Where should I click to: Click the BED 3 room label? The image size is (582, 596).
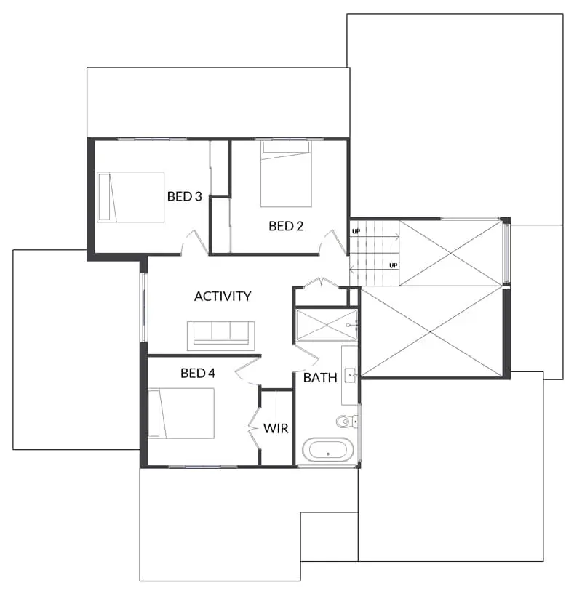(x=185, y=196)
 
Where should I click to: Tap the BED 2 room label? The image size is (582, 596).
(x=286, y=226)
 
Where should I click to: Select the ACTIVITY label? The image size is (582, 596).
(x=223, y=296)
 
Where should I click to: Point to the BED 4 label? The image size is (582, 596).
(x=198, y=374)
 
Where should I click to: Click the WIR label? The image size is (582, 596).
(x=276, y=428)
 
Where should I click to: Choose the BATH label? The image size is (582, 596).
(x=320, y=378)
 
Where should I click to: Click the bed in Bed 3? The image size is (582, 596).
(x=130, y=197)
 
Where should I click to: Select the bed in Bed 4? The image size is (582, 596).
(x=181, y=414)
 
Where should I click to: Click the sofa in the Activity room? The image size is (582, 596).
(x=221, y=336)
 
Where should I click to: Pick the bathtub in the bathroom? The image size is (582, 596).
(x=328, y=450)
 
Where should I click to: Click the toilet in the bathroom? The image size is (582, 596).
(x=347, y=421)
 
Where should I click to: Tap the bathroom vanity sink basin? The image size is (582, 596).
(x=351, y=375)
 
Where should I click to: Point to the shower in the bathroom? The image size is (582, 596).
(x=327, y=326)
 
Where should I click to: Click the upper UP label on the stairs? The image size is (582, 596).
(x=356, y=231)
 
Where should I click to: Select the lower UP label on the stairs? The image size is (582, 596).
(x=394, y=265)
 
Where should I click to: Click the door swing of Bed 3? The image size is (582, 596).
(x=194, y=243)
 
